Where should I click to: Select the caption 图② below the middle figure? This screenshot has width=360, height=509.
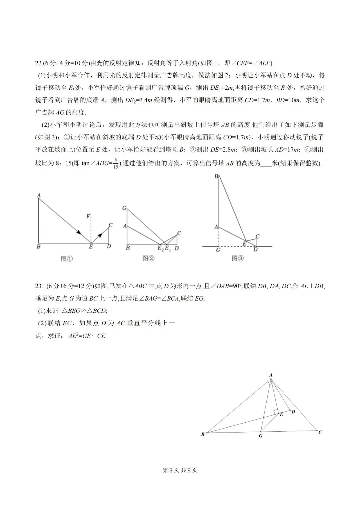[x=148, y=259]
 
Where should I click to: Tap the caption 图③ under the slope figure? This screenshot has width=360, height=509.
[x=238, y=259]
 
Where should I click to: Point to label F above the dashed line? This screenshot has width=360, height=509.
[x=88, y=216]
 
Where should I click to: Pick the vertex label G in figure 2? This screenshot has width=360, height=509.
[x=124, y=208]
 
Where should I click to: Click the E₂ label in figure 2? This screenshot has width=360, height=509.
[x=161, y=248]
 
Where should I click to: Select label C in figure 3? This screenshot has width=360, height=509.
[x=257, y=236]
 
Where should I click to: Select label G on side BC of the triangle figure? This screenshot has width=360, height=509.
[x=261, y=436]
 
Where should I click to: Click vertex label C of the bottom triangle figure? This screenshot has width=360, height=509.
[x=320, y=432]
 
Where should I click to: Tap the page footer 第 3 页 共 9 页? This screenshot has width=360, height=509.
[x=180, y=470]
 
